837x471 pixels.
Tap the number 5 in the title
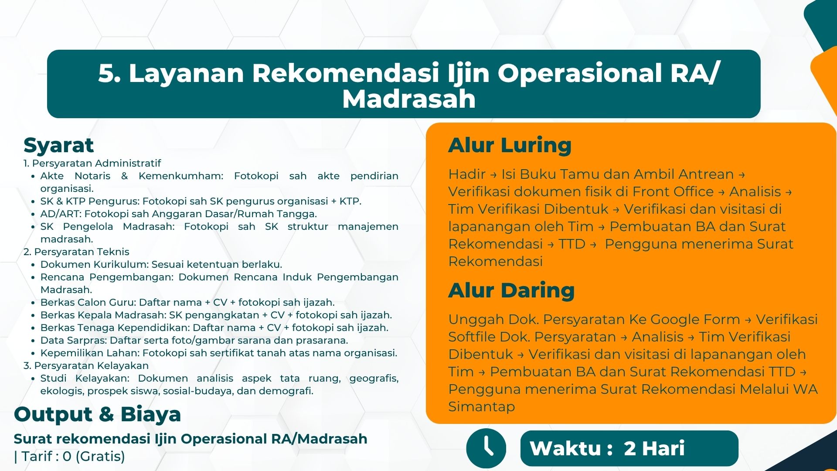point(107,73)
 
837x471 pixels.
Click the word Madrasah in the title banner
point(409,99)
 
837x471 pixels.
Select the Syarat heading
point(58,145)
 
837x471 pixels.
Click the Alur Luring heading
point(510,145)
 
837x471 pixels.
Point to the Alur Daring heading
point(511,290)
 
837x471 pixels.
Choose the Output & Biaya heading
point(97,414)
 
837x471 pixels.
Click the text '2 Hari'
point(654,448)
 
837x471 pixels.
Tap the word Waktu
point(565,448)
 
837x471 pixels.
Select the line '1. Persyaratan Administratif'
point(92,164)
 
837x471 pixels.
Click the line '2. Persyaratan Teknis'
point(76,252)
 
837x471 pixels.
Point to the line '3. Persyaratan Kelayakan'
point(86,366)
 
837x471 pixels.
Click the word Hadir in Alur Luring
point(467,174)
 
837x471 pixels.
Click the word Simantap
point(482,407)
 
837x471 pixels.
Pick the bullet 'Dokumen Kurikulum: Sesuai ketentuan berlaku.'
point(161,265)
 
